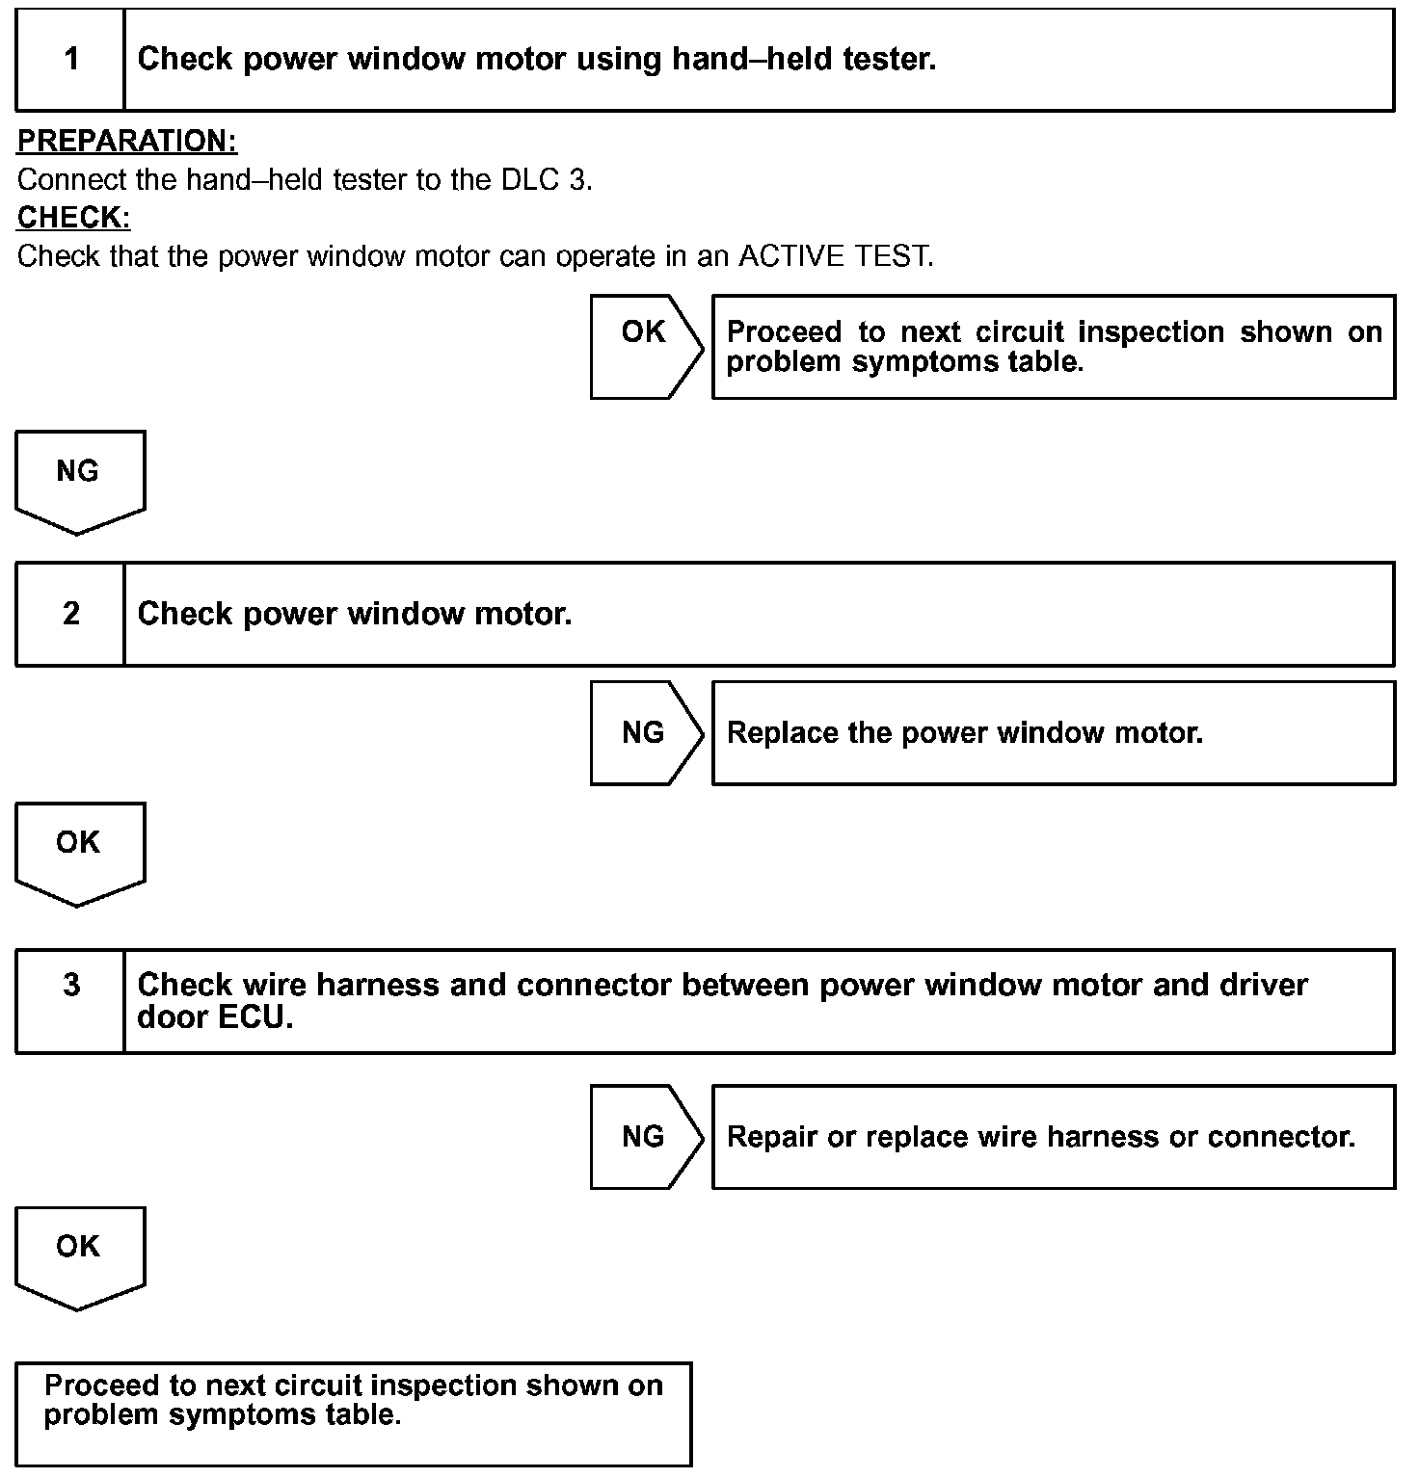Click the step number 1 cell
point(70,60)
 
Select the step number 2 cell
point(70,614)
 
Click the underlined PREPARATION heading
point(127,142)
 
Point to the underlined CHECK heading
point(73,218)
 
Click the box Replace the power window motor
point(1053,733)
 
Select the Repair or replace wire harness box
point(1053,1137)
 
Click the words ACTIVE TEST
point(835,256)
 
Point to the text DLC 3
point(546,180)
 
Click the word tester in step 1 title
point(889,60)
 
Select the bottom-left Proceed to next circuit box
point(354,1413)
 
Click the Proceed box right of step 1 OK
point(1053,346)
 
